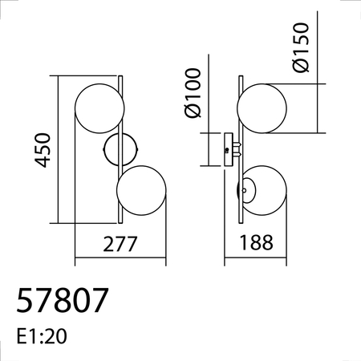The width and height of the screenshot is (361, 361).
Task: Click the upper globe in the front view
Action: (99, 107)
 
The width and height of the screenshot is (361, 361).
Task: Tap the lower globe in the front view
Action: (141, 191)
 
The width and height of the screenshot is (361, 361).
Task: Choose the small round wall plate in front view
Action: (120, 150)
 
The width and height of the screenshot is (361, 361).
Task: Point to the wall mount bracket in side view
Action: (229, 150)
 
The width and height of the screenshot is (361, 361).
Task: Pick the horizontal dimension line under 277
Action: (120, 262)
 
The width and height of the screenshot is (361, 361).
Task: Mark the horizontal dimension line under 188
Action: (256, 262)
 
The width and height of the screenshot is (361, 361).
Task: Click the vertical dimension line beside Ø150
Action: (320, 107)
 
